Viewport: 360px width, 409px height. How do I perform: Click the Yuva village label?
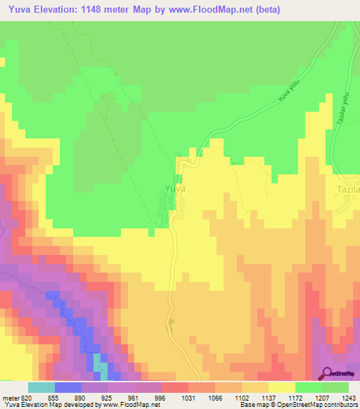tap(174, 189)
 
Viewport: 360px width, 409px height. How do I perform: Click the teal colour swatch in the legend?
tap(41, 387)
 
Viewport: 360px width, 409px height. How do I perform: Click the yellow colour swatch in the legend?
tap(282, 387)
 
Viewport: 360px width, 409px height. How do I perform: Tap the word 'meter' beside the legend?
tap(10, 398)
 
